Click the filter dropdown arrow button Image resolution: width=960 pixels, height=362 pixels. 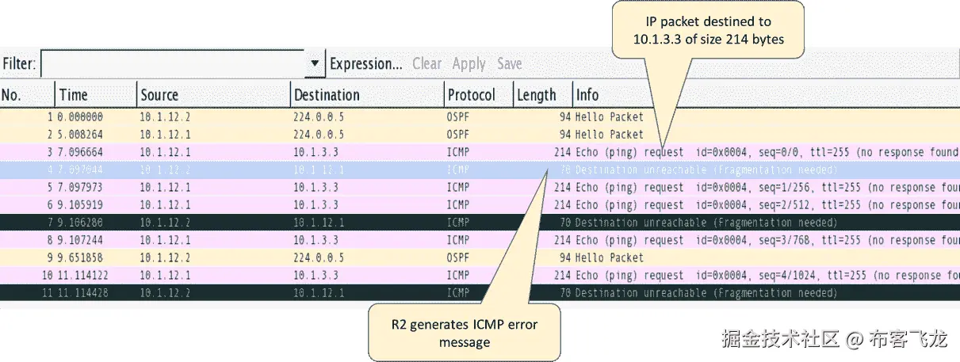[315, 64]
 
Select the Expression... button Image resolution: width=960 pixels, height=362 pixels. [365, 64]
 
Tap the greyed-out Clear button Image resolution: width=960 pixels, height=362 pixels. [426, 64]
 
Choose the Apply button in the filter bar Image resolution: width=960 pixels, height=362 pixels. [469, 64]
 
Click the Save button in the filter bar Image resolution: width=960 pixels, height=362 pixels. [510, 64]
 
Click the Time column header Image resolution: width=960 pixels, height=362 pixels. [74, 95]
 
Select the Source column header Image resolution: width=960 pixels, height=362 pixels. [159, 95]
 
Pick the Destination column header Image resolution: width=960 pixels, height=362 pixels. [327, 95]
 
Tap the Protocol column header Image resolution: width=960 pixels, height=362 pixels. [471, 95]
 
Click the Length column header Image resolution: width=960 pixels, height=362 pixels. [537, 95]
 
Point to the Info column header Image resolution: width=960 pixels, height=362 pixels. [587, 95]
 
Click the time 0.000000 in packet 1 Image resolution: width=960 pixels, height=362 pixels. [82, 117]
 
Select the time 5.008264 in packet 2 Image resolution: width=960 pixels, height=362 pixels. [82, 135]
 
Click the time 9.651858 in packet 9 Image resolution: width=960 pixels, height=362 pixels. [82, 257]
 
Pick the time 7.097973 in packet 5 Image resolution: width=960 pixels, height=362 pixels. [82, 188]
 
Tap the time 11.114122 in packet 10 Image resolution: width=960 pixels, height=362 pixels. [79, 276]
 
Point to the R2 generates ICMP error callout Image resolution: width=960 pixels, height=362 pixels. [465, 333]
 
